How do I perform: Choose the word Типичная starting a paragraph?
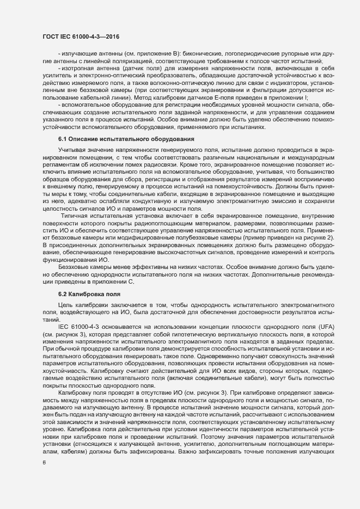[x=73, y=231]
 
